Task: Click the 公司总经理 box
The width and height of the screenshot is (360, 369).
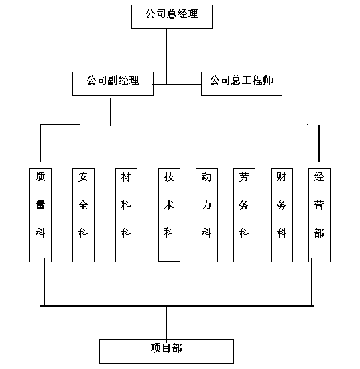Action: tap(172, 17)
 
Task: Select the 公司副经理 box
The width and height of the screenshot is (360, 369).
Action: tap(113, 84)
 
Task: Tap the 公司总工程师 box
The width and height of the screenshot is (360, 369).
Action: tap(241, 84)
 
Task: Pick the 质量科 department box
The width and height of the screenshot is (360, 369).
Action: tap(40, 215)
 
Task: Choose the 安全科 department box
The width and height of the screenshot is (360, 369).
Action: tap(83, 215)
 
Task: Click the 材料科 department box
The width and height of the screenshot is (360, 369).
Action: tap(126, 215)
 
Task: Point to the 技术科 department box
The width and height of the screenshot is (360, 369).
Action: tap(169, 215)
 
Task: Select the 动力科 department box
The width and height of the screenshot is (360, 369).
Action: tap(206, 215)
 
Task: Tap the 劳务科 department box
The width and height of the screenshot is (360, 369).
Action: tap(244, 215)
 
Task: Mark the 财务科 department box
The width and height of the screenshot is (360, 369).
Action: tap(282, 215)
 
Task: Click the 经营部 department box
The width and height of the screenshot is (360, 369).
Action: tap(319, 215)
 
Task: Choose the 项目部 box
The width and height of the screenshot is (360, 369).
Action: tap(166, 352)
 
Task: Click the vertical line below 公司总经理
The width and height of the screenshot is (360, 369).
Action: tap(167, 56)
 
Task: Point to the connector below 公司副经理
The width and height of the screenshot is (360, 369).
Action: tap(111, 111)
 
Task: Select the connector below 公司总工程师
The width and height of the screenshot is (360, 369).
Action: tap(237, 111)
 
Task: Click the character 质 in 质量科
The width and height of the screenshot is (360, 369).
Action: tap(40, 176)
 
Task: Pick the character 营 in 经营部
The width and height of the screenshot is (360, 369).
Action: tap(319, 205)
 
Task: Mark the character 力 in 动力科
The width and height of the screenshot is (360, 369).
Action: tap(206, 205)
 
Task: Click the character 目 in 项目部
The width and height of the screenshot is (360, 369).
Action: tap(166, 348)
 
